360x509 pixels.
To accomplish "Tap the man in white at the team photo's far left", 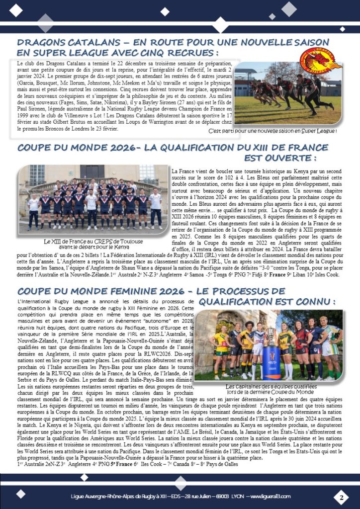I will pyautogui.click(x=33, y=210).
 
